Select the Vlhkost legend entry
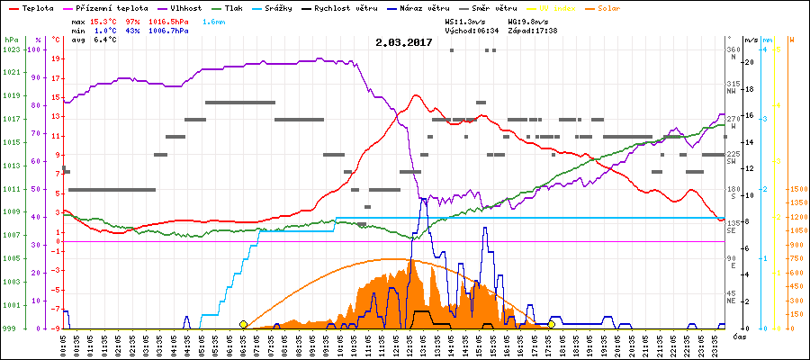pyautogui.click(x=184, y=7)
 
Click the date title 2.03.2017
pyautogui.click(x=404, y=42)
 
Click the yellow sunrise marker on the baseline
pyautogui.click(x=244, y=324)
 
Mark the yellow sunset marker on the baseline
pyautogui.click(x=551, y=324)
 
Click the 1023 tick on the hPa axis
pyautogui.click(x=11, y=49)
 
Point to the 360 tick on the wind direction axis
pyautogui.click(x=733, y=49)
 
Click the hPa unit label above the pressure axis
pyautogui.click(x=11, y=40)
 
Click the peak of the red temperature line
pyautogui.click(x=416, y=95)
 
